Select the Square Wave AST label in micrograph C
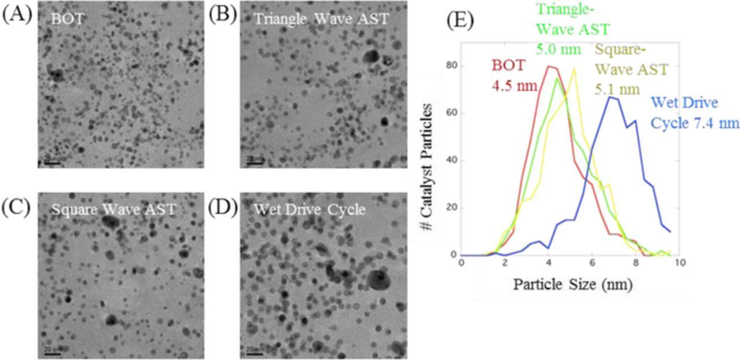(x=113, y=210)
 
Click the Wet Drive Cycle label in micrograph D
(x=310, y=210)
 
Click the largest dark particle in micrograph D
(x=379, y=281)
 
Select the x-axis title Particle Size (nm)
(x=571, y=285)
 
